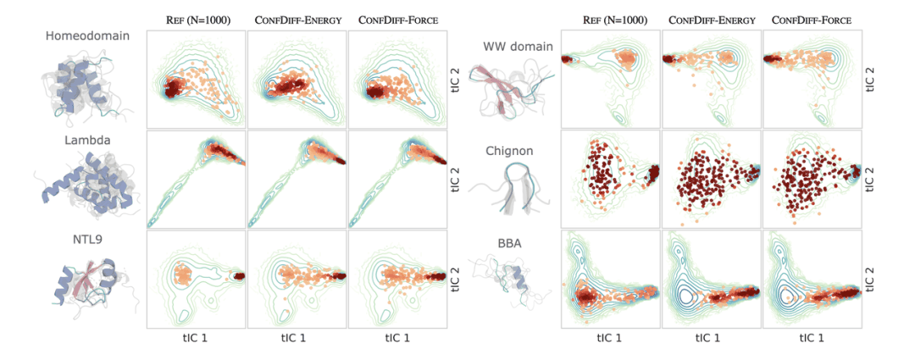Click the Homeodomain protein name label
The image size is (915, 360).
82,36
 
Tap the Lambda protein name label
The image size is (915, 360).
82,140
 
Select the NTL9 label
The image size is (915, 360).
81,240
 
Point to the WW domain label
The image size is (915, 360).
518,47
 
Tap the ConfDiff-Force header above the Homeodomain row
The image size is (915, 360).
398,19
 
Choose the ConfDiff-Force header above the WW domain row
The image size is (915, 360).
812,19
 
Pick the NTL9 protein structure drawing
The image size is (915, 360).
80,284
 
